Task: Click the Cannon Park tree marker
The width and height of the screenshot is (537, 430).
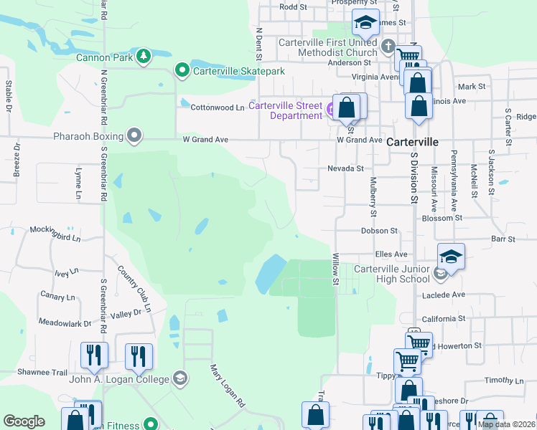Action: tap(144, 55)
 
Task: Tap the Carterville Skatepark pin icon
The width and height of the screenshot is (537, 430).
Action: tap(182, 70)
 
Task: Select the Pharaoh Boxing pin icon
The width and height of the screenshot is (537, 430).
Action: tap(134, 135)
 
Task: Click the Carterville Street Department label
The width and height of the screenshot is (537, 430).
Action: tap(286, 111)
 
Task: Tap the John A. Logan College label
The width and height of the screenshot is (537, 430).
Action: tap(118, 379)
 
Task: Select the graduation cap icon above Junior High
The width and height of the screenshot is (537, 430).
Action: tap(451, 257)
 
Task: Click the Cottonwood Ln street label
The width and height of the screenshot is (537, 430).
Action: tap(217, 107)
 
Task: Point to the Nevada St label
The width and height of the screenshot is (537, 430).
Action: tap(346, 168)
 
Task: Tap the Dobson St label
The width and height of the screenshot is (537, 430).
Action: tap(379, 231)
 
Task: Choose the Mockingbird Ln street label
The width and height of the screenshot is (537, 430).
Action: tap(56, 230)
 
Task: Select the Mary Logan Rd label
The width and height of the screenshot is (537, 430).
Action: tap(226, 386)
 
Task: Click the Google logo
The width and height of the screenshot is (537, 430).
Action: tap(24, 421)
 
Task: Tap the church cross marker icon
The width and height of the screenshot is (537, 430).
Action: tap(388, 48)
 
